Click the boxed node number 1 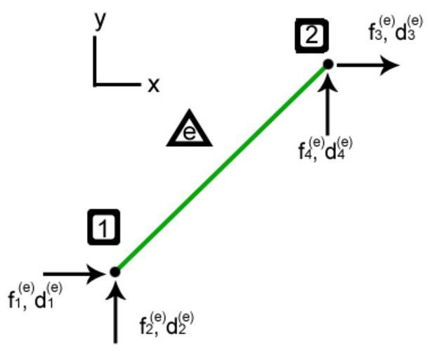point(103,229)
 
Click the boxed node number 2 point(311,35)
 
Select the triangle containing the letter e point(190,130)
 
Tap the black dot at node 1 point(115,271)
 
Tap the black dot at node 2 point(328,65)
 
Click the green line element point(221,168)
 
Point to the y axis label point(100,20)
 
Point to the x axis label point(153,86)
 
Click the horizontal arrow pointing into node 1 point(74,274)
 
